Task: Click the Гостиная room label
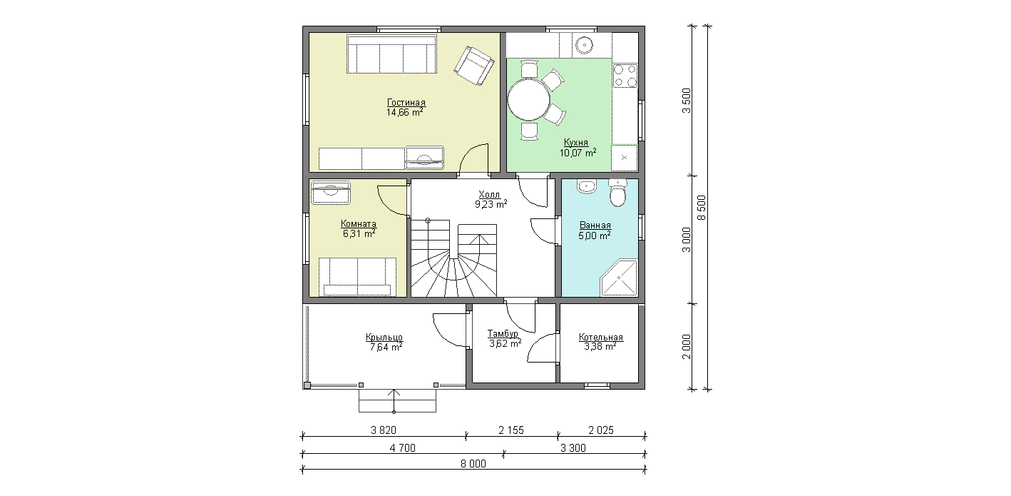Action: pos(406,103)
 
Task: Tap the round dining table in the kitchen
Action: pos(529,100)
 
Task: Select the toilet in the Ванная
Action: pos(617,193)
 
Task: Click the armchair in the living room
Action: pos(474,66)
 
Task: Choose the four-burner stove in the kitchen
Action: pos(625,76)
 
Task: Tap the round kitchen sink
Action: pos(585,45)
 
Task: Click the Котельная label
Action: pos(601,338)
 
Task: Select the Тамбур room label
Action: pos(503,334)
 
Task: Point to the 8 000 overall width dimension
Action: pos(473,464)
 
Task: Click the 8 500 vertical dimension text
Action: pos(702,208)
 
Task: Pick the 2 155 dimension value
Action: pos(511,430)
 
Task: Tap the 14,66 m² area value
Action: pos(405,112)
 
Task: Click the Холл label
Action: pos(489,195)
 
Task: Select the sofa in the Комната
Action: pos(357,277)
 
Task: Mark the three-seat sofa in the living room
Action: pos(391,54)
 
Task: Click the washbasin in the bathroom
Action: pos(587,186)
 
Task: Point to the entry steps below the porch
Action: pos(397,400)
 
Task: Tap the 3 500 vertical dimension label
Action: pos(687,101)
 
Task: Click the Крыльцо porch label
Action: pos(384,338)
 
